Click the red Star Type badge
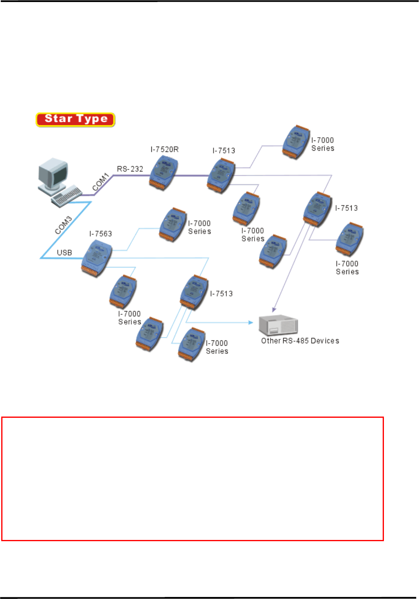coord(75,120)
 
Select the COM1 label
coord(100,182)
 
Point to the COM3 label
coord(63,225)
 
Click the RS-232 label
coord(130,169)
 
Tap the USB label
coord(64,253)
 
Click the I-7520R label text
coord(164,149)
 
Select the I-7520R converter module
coord(163,173)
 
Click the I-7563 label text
coord(100,234)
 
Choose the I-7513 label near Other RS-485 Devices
coord(221,294)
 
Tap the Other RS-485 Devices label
coord(300,341)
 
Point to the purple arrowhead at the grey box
coord(275,309)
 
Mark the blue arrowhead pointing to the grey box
coord(251,323)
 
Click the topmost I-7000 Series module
coord(296,142)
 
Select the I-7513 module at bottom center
coord(194,292)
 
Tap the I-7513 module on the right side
coord(318,209)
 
